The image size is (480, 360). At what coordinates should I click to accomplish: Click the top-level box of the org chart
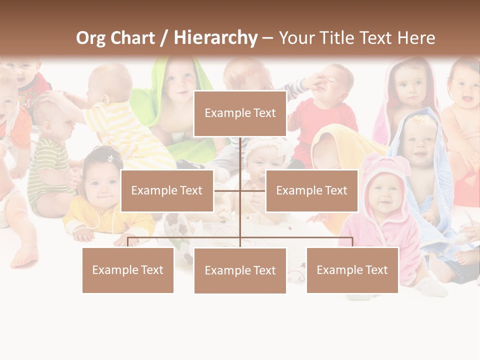click(x=240, y=113)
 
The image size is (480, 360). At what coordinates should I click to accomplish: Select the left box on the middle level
click(x=167, y=190)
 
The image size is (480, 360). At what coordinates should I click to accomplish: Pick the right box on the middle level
click(x=311, y=190)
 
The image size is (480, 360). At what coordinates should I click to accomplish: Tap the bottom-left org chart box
click(x=128, y=270)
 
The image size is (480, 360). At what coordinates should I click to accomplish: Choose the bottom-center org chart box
click(x=240, y=270)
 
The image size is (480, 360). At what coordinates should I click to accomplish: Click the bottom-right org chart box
click(x=352, y=270)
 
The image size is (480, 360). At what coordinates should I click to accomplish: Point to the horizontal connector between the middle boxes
click(x=239, y=190)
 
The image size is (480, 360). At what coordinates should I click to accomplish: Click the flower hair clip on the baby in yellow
click(x=110, y=158)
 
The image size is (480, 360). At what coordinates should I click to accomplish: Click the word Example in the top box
click(x=223, y=113)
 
